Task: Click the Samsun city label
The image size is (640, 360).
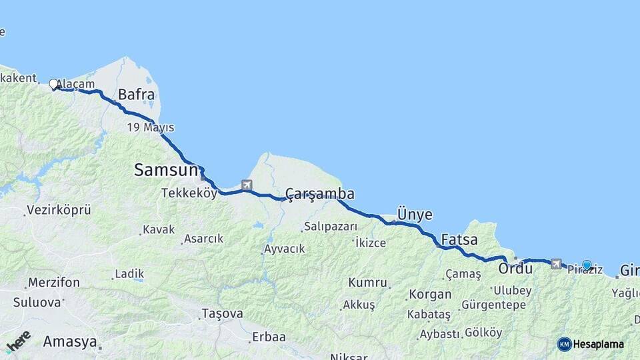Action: tap(166, 170)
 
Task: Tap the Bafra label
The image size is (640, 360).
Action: tap(136, 95)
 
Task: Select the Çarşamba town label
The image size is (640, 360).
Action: tap(319, 194)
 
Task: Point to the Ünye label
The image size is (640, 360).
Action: tap(414, 215)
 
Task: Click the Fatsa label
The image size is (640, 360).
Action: tap(459, 238)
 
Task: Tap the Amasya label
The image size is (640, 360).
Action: tap(69, 342)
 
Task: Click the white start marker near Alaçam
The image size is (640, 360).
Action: tap(53, 84)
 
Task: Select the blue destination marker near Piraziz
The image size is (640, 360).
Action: tap(587, 265)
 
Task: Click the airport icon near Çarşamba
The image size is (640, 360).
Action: tap(247, 185)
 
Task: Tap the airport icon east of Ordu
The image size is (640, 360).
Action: tap(556, 264)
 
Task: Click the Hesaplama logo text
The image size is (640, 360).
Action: tap(597, 345)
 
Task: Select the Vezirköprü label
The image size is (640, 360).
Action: tap(59, 211)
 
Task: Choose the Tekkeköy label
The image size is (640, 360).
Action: tap(189, 193)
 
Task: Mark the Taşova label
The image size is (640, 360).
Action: tap(220, 313)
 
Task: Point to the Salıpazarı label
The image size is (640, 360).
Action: tap(331, 227)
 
